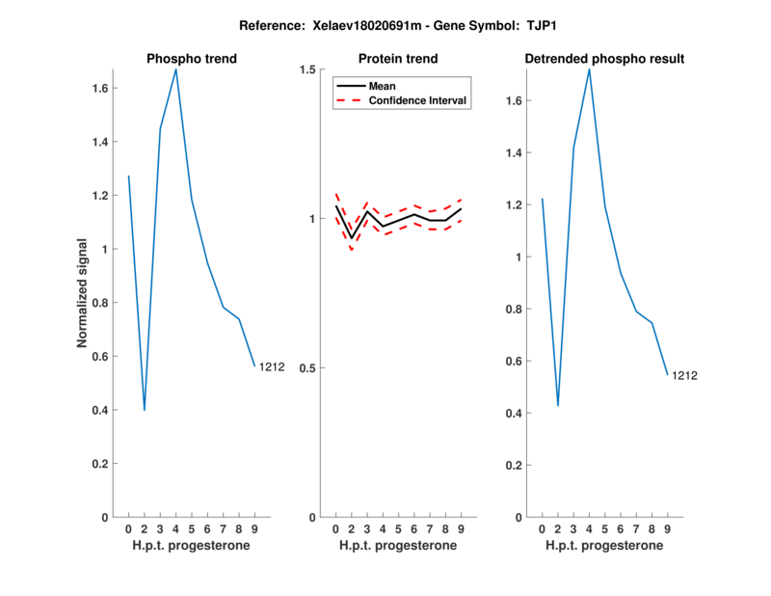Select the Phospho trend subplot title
tap(192, 59)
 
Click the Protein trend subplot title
tap(398, 59)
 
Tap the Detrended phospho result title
tap(604, 59)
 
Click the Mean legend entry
tap(382, 86)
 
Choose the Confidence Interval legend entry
tap(418, 100)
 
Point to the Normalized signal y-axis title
tap(84, 293)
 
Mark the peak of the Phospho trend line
tap(175, 69)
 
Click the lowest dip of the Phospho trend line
tap(145, 410)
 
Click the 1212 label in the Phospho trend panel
tap(272, 366)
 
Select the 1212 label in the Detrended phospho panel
tap(684, 375)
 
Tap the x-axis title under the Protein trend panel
tap(398, 546)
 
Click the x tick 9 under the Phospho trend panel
tap(254, 528)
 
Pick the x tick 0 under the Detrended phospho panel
tap(542, 528)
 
